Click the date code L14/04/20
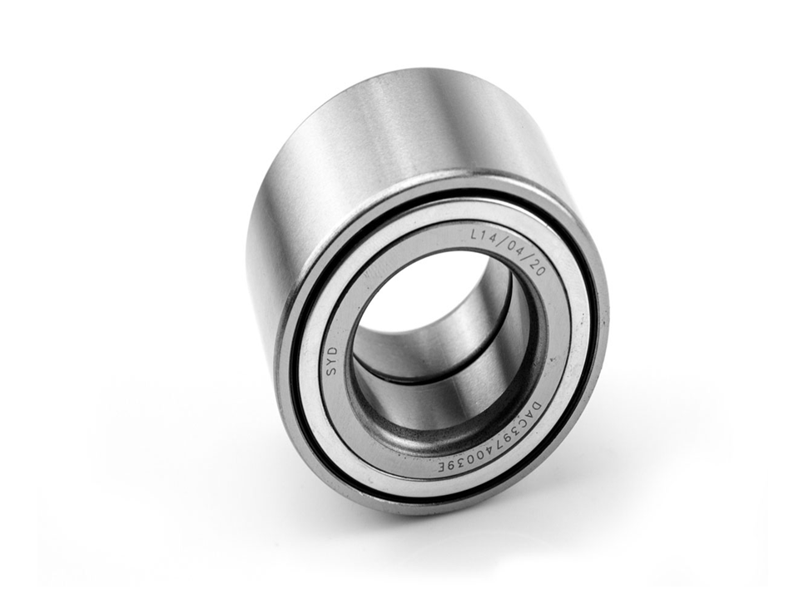[x=508, y=252]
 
